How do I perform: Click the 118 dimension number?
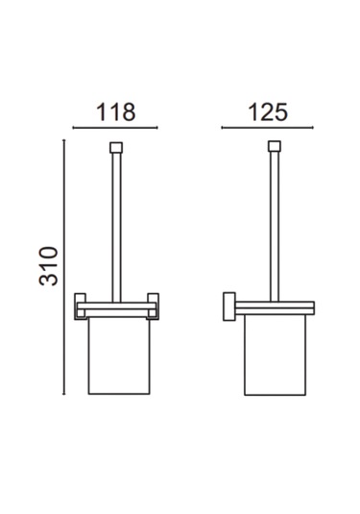coord(115,112)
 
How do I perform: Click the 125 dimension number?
coord(268,112)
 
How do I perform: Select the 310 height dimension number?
coord(49,266)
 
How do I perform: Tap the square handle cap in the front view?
coord(116,148)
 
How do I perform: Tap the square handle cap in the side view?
coord(275,146)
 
